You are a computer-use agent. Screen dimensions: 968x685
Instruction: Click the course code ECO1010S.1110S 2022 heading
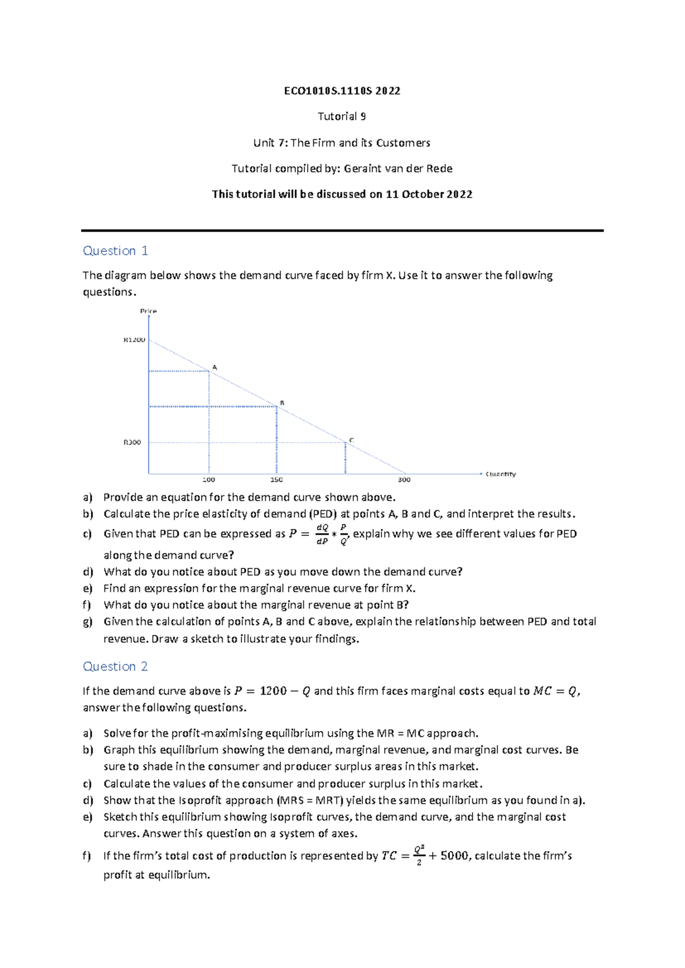pos(342,91)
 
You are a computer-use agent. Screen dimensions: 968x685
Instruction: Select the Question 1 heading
pos(115,251)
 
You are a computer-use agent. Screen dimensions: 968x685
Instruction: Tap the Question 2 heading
pos(115,666)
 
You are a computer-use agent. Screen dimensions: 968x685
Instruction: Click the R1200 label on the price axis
pos(135,340)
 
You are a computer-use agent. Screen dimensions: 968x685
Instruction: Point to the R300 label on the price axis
pos(132,442)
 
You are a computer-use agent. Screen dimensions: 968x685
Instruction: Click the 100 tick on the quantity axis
pos(209,479)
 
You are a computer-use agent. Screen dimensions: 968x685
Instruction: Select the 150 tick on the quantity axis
pos(276,479)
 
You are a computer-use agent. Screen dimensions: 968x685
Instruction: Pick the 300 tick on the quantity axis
pos(404,479)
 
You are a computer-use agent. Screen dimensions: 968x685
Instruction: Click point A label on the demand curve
pos(215,368)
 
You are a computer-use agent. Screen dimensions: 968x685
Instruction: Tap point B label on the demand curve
pos(282,403)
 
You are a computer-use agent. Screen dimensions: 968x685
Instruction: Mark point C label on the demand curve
pos(352,440)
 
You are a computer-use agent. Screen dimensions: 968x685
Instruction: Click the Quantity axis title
pos(501,474)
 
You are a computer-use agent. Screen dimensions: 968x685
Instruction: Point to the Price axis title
pos(148,311)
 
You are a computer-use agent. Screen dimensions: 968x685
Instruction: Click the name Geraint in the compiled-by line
pos(363,168)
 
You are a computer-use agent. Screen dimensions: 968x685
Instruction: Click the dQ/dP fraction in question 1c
pos(322,534)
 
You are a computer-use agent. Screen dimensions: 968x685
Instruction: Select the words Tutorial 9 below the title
pos(342,116)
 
